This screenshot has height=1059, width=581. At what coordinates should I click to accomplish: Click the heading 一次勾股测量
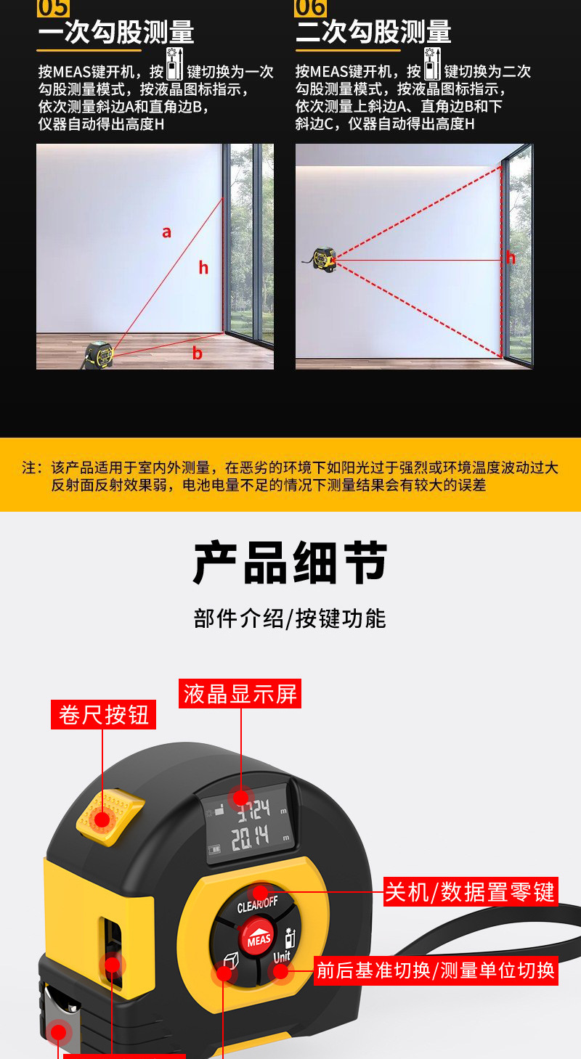116,33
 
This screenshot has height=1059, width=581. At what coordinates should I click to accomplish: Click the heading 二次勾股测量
373,33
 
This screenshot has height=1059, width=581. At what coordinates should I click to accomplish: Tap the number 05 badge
53,8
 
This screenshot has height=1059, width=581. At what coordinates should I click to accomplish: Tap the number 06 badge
310,8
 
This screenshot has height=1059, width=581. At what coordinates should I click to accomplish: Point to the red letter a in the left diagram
166,232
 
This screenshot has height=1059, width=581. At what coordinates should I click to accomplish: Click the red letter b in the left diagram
197,353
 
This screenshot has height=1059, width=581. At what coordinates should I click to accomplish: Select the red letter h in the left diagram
203,268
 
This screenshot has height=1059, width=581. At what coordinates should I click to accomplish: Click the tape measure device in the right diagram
324,258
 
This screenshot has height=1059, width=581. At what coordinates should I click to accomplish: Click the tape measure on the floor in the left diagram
98,353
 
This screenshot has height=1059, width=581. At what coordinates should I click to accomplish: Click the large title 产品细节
290,563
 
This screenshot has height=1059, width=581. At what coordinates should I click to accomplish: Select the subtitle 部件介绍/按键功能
290,618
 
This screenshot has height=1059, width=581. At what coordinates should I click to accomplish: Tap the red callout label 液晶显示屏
240,694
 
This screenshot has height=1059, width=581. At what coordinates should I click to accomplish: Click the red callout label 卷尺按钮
104,714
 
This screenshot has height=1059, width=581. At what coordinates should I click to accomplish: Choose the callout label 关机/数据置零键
471,891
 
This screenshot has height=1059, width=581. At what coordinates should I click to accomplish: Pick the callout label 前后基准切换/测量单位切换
436,970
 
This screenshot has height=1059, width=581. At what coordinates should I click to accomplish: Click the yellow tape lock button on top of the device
109,817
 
